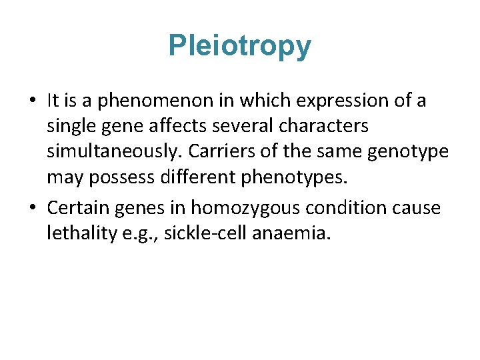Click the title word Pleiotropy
point(239,46)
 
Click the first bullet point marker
point(33,101)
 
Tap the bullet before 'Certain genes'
point(33,209)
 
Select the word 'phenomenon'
point(134,101)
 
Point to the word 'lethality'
point(74,233)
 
